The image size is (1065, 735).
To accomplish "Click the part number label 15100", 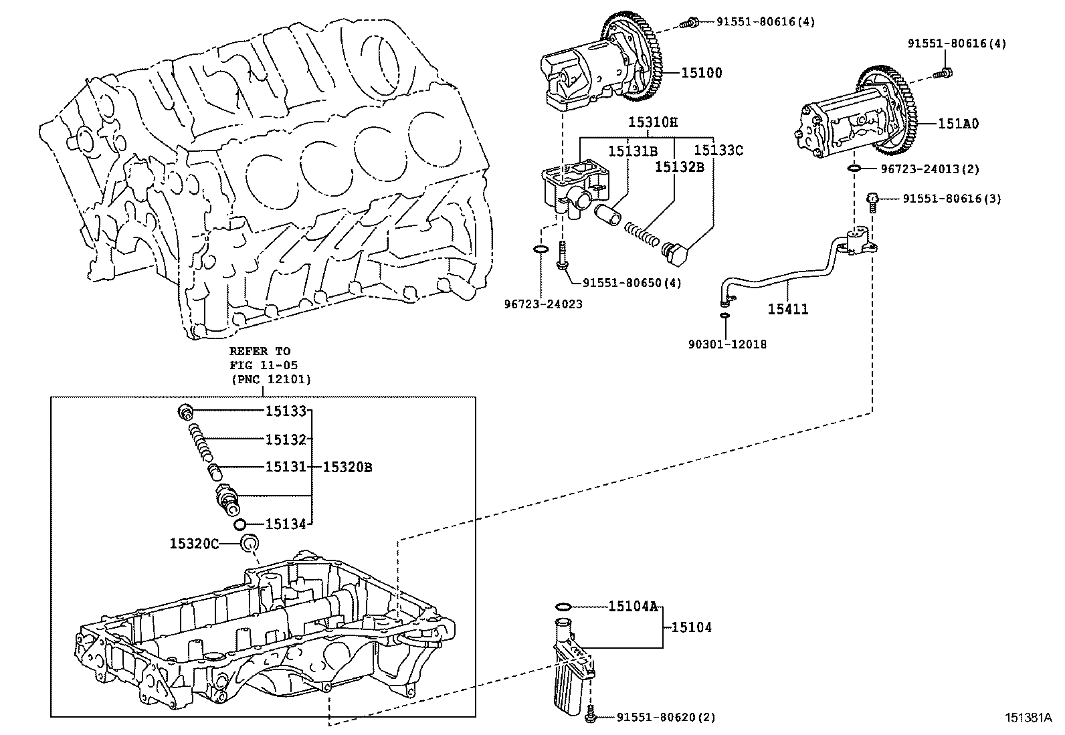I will tap(702, 73).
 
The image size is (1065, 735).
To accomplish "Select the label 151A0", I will tap(958, 124).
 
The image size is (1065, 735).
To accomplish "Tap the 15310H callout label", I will tap(652, 122).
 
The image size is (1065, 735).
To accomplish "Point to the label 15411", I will tap(787, 309).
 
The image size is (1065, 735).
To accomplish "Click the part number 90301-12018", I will tap(727, 344).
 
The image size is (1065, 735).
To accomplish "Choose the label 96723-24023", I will tap(543, 304).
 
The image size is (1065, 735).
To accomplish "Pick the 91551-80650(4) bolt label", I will tap(632, 283).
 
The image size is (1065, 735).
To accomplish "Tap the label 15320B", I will tap(347, 467).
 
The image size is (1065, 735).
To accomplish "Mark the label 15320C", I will tap(194, 544).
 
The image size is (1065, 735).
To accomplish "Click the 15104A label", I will tap(632, 607).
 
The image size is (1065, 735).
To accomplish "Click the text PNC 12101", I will tap(270, 379).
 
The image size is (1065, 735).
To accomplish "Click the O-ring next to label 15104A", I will tap(563, 607).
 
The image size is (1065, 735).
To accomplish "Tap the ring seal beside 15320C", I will tap(250, 544).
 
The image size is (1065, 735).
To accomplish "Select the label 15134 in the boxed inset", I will tap(286, 524).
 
